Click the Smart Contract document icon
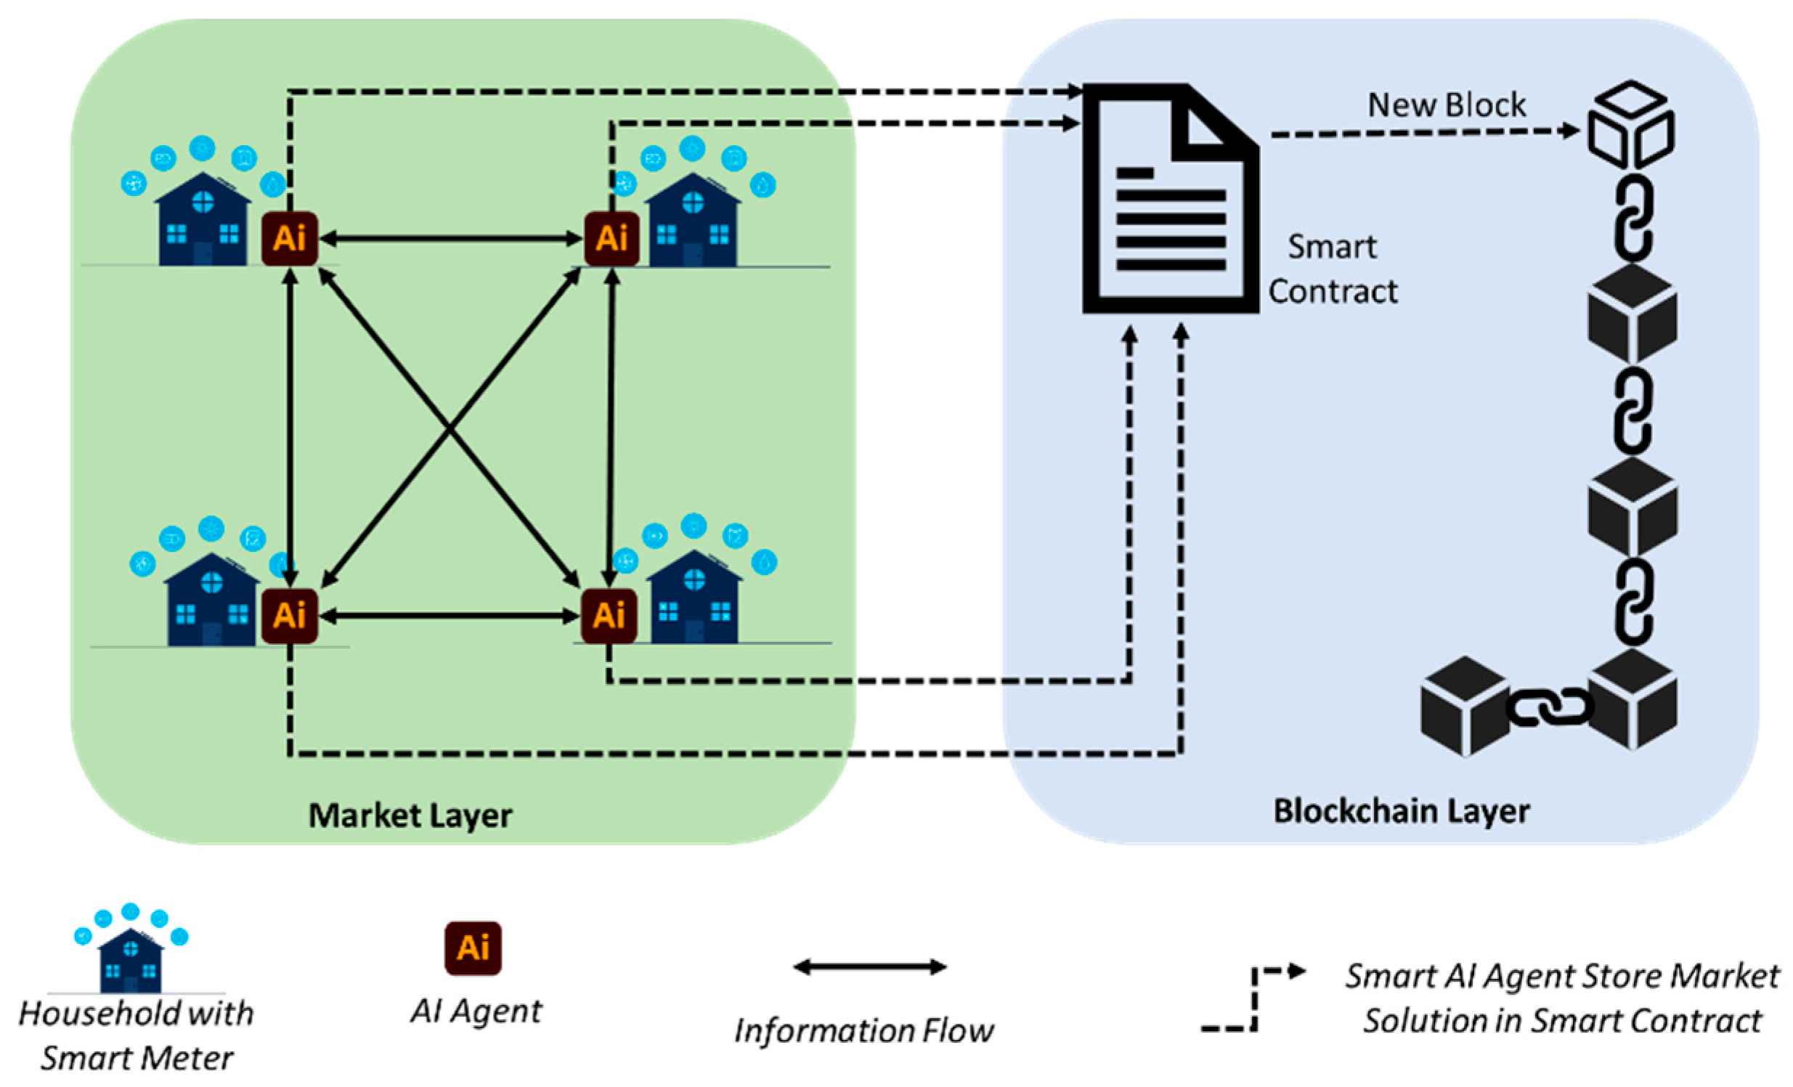1170,200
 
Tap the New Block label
1447,105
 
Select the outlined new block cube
1632,125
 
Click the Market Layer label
410,815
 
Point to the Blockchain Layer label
1401,811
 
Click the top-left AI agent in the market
290,239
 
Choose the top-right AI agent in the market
612,239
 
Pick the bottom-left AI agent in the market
290,616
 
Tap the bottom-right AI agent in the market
609,616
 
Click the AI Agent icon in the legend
473,948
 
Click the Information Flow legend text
863,1031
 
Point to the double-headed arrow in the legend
869,967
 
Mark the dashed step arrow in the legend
1253,998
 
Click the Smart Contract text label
1333,269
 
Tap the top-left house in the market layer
203,220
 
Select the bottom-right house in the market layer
694,598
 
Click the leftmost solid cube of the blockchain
1464,706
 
